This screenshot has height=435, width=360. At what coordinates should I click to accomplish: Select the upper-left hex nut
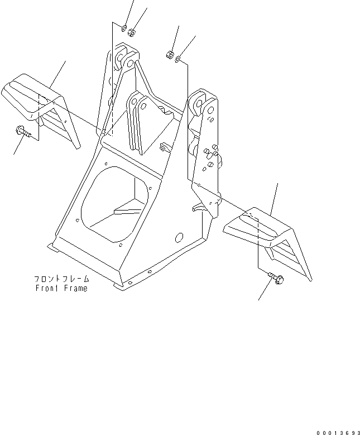[132, 33]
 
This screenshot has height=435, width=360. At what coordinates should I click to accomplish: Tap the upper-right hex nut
[168, 55]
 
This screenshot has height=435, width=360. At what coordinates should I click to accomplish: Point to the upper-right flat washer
[177, 60]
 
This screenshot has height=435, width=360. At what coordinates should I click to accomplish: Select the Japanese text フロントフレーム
[61, 279]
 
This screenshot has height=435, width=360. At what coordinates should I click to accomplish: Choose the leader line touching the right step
[273, 198]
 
